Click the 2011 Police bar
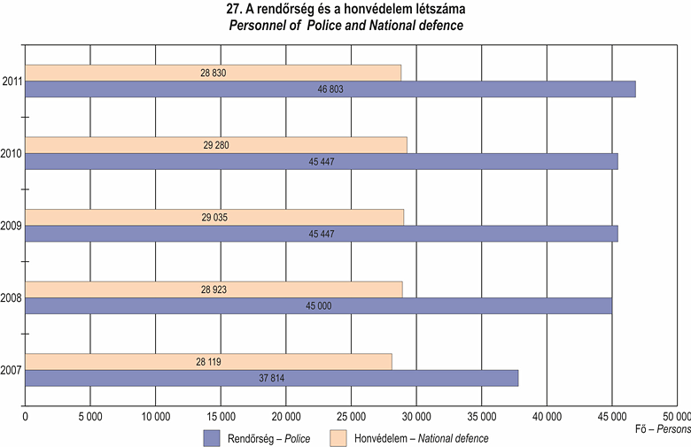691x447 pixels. point(330,89)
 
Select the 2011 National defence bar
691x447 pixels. point(213,73)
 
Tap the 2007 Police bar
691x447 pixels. point(271,378)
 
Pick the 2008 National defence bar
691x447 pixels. point(214,289)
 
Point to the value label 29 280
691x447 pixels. point(215,145)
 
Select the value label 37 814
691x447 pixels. point(271,378)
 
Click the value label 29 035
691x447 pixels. point(215,217)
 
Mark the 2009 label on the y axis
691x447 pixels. point(12,227)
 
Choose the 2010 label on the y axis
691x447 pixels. point(12,154)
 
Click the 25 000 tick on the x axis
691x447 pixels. point(351,416)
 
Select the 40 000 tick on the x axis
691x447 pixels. point(547,416)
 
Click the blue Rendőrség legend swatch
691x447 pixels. point(212,437)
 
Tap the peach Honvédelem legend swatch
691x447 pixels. point(337,437)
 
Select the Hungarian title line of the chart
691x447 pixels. point(346,10)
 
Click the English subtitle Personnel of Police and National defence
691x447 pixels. point(346,26)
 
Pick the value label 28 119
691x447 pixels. point(209,361)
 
